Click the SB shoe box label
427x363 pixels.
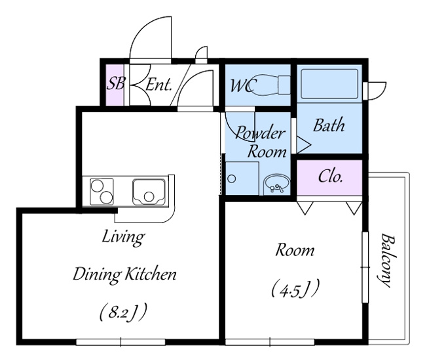[115, 83]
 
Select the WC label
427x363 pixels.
[243, 85]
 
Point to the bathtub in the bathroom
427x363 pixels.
[329, 84]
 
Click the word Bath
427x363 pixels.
[329, 125]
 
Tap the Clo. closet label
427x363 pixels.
[330, 177]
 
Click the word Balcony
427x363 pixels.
[387, 260]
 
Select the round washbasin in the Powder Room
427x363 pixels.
[276, 184]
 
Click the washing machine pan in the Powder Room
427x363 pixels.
[242, 179]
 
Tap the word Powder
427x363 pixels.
[260, 133]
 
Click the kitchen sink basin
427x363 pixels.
[149, 192]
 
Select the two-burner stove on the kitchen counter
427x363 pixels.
[102, 192]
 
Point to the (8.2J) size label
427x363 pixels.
[124, 312]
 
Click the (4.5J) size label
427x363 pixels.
[295, 289]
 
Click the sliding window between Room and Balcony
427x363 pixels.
[365, 267]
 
